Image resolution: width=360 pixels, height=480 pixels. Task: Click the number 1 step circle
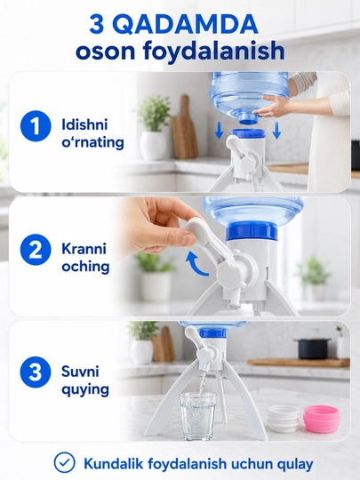(36, 126)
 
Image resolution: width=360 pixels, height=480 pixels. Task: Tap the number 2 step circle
(36, 250)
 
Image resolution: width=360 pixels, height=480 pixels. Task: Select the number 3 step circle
(36, 372)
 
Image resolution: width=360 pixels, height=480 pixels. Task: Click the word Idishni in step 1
(84, 124)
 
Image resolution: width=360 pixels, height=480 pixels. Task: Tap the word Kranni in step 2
(84, 249)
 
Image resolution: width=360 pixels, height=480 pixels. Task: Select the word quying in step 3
(85, 390)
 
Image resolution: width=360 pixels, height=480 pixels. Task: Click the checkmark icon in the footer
(64, 462)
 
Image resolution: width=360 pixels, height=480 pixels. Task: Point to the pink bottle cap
(320, 419)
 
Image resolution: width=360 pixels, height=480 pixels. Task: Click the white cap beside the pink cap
(284, 419)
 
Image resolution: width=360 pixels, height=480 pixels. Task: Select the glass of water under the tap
(197, 416)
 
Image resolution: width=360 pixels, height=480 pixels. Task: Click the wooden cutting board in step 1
(184, 128)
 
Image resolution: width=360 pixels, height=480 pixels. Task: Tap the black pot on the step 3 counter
(313, 348)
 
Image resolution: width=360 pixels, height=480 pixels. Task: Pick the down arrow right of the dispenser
(276, 130)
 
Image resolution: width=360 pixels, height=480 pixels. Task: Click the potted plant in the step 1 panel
(153, 127)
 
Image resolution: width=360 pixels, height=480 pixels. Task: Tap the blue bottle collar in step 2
(252, 231)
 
